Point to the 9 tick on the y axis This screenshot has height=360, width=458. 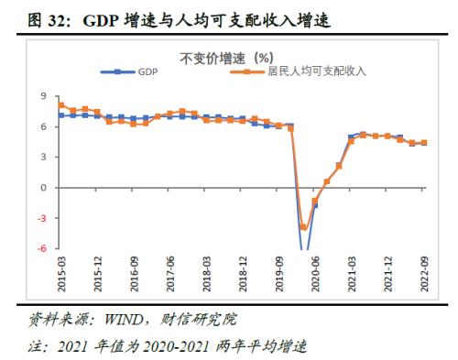click(x=43, y=96)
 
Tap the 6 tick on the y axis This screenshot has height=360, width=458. click(x=43, y=126)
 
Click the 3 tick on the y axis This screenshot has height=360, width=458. click(x=43, y=157)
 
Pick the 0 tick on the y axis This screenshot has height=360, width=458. click(x=43, y=187)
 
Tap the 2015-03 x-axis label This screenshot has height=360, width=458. click(x=60, y=273)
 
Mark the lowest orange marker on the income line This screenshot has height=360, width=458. click(x=303, y=226)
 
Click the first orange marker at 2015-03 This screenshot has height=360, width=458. click(x=60, y=105)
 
